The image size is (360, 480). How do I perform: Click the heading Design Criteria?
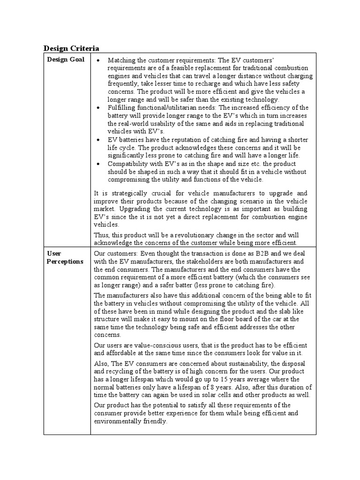71,48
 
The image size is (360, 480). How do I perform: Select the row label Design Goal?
66,60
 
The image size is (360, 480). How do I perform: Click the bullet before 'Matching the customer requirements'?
97,60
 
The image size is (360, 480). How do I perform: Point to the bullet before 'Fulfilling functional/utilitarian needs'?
97,108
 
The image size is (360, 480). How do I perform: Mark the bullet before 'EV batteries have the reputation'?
97,140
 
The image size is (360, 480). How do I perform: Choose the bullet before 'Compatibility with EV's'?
97,164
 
